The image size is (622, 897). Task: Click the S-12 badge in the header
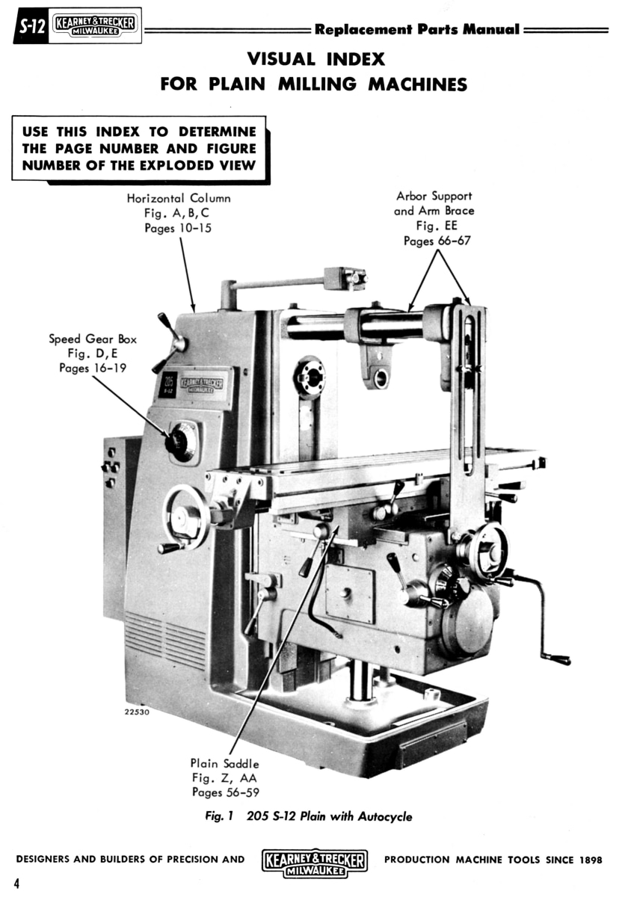click(x=31, y=28)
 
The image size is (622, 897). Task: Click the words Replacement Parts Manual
click(x=416, y=29)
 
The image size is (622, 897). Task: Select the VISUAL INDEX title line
click(x=315, y=58)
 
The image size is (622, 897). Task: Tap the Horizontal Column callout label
click(x=179, y=198)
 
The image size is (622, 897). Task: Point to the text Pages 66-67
click(x=437, y=241)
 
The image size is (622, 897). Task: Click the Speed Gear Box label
click(x=93, y=339)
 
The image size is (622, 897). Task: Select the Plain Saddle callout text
click(x=224, y=763)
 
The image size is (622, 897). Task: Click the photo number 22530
click(x=137, y=712)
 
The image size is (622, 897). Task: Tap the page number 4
click(x=16, y=883)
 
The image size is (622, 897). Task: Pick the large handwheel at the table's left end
click(x=185, y=517)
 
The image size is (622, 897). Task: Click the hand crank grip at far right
click(x=557, y=659)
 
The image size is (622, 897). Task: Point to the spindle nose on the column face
click(x=310, y=377)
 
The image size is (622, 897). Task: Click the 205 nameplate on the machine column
click(x=167, y=384)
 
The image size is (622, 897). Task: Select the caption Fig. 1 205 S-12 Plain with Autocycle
click(x=309, y=816)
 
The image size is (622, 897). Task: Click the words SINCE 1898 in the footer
click(x=573, y=860)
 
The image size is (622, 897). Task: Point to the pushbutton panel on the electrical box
click(x=111, y=467)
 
